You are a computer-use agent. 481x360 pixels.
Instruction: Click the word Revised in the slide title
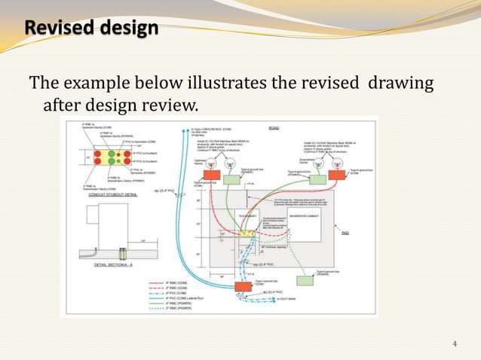[x=54, y=28]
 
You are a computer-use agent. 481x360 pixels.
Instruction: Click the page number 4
[x=455, y=344]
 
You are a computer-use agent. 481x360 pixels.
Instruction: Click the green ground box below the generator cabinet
[x=306, y=280]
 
